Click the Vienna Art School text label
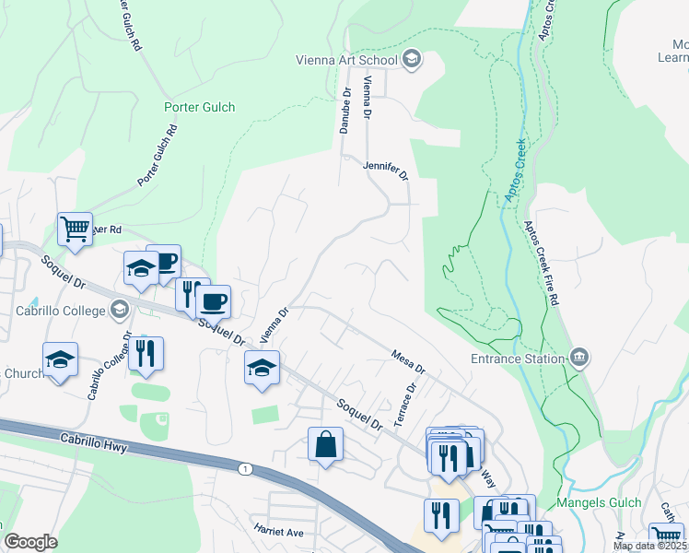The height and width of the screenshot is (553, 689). point(345,61)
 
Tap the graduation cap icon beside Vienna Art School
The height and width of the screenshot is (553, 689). point(411,61)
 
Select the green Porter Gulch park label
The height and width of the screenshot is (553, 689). point(199,107)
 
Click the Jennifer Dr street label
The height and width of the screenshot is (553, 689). point(385,169)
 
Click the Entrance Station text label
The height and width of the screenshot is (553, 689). point(517,359)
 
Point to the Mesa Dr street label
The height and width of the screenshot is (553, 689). point(407,359)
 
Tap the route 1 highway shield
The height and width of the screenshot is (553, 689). point(245,469)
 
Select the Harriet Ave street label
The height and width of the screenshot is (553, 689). point(279,532)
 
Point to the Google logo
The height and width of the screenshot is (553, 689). point(30,542)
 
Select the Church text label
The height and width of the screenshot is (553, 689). point(23,373)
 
